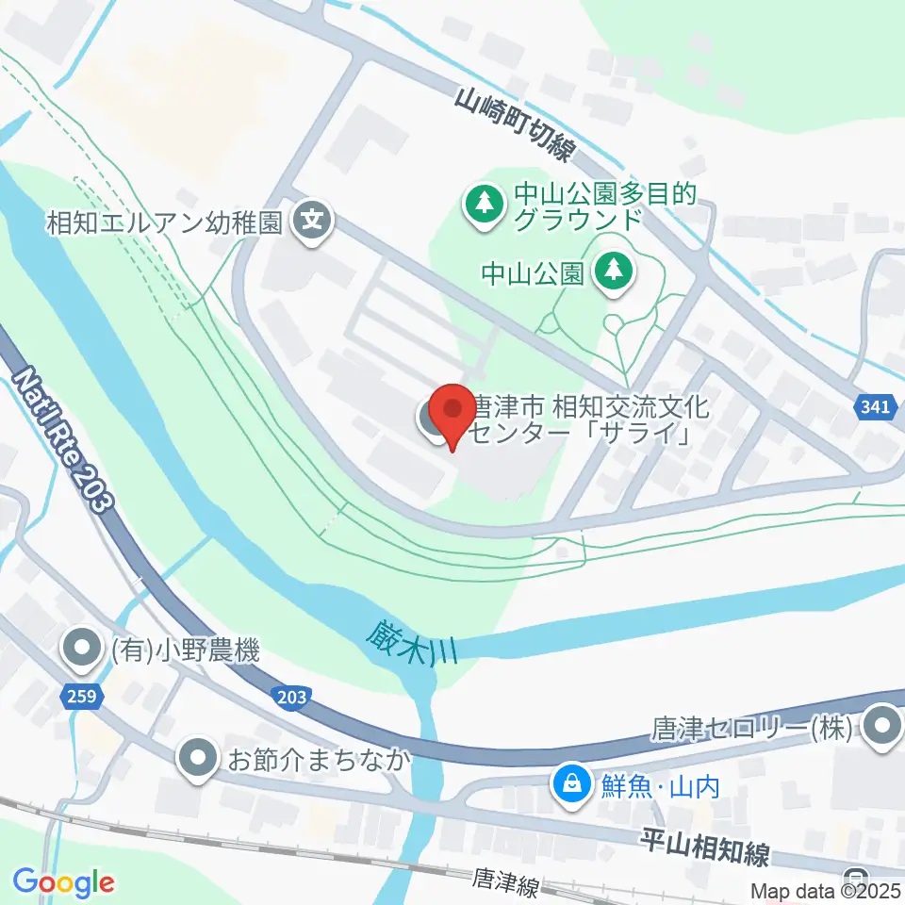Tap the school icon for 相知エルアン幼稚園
[x=311, y=223]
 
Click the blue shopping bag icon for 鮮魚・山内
[x=571, y=782]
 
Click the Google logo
[x=63, y=882]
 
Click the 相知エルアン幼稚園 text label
[x=166, y=223]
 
